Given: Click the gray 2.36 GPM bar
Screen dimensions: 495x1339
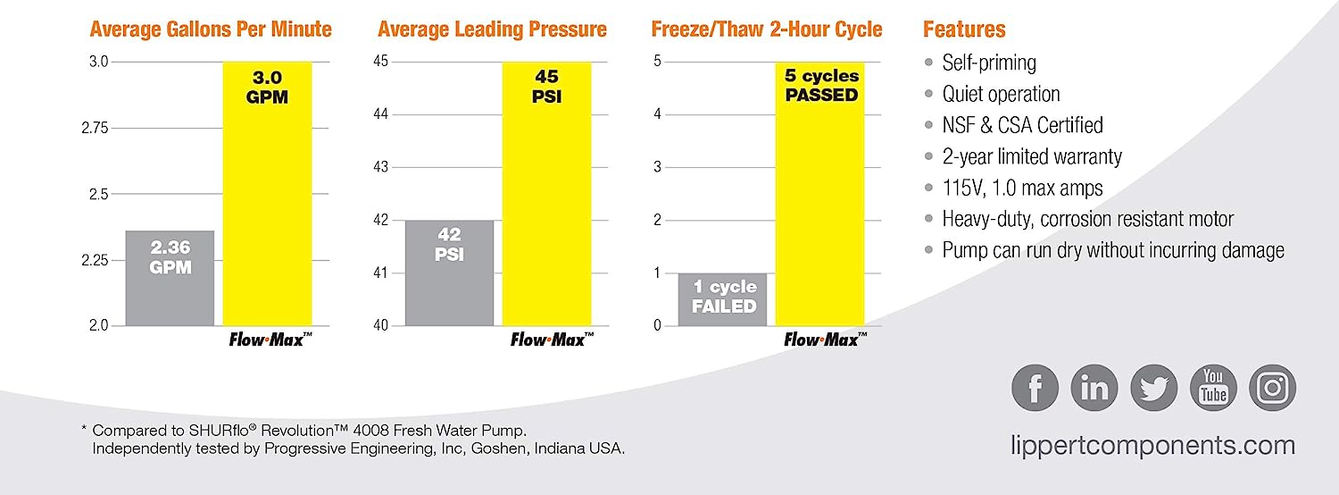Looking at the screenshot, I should pyautogui.click(x=170, y=278).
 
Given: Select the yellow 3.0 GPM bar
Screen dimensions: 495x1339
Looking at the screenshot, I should pyautogui.click(x=267, y=193).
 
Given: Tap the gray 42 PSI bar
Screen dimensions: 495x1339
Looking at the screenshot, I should pyautogui.click(x=449, y=273).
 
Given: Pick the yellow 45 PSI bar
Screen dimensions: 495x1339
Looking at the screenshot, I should pyautogui.click(x=546, y=193).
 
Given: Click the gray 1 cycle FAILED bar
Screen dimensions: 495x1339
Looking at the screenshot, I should pyautogui.click(x=722, y=298).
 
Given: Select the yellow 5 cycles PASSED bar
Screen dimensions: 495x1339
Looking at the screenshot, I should pyautogui.click(x=819, y=193).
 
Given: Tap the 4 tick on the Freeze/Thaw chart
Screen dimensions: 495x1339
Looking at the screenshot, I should pyautogui.click(x=657, y=114).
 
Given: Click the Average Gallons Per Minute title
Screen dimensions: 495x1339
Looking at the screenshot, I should pyautogui.click(x=211, y=29).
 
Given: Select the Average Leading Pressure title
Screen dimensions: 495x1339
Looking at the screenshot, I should pyautogui.click(x=492, y=29).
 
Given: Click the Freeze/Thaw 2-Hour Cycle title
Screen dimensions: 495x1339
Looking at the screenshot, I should pyautogui.click(x=767, y=29).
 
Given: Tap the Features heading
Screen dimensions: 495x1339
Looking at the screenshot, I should pyautogui.click(x=964, y=29).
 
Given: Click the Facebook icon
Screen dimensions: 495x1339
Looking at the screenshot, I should pyautogui.click(x=1035, y=389).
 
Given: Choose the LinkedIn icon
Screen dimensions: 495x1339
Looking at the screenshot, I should pyautogui.click(x=1094, y=389).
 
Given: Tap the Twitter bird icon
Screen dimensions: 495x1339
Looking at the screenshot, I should pyautogui.click(x=1153, y=389).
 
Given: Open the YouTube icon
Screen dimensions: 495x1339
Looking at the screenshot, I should pyautogui.click(x=1213, y=389).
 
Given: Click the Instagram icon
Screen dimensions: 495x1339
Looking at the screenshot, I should pyautogui.click(x=1272, y=389).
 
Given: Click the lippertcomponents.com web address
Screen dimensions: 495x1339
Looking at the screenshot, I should pyautogui.click(x=1152, y=445).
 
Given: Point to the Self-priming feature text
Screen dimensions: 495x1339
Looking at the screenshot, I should pyautogui.click(x=989, y=63).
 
